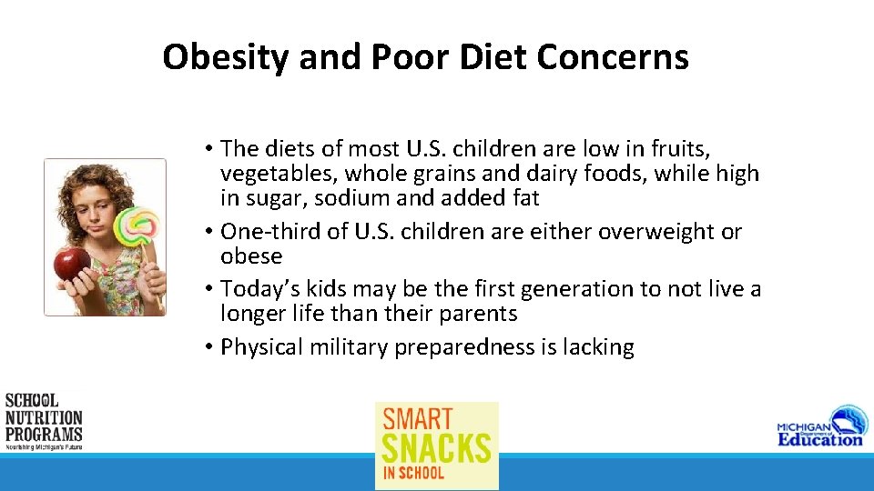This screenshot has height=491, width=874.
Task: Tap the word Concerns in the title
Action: pos(612,57)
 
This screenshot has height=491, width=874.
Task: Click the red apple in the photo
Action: pos(72,264)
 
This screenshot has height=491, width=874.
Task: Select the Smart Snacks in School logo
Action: pos(437,446)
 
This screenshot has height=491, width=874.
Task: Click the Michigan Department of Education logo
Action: pos(819,426)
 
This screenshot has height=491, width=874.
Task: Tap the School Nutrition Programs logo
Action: pos(44,422)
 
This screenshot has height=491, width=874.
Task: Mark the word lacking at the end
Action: pos(598,347)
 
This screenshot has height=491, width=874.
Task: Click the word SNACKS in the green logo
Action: pos(436,448)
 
